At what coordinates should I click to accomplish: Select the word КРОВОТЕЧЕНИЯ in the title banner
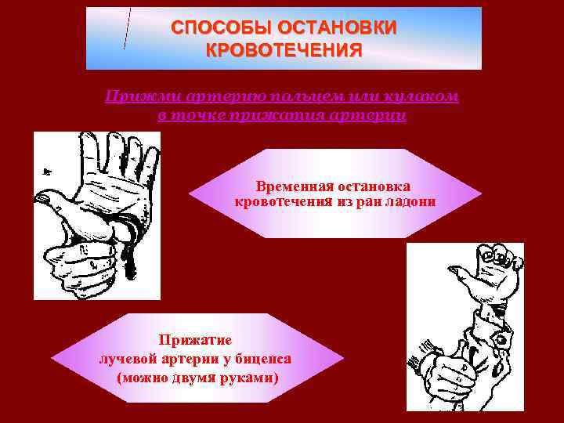(x=284, y=51)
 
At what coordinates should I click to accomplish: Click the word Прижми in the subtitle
(x=136, y=96)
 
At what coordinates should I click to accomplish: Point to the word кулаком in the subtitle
(x=424, y=96)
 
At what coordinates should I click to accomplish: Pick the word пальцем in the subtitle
(x=298, y=96)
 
